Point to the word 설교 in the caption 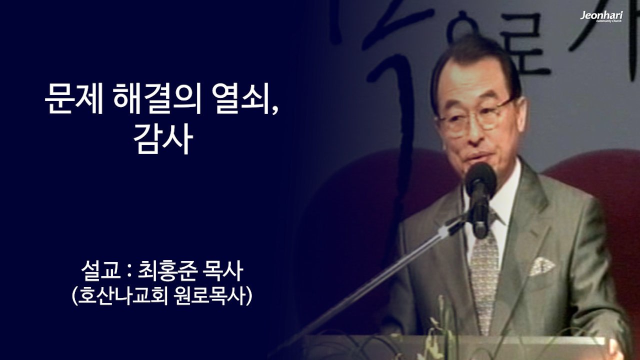pyautogui.click(x=97, y=273)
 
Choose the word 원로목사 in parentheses pyautogui.click(x=209, y=296)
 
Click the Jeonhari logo pyautogui.click(x=601, y=16)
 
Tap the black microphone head pyautogui.click(x=480, y=180)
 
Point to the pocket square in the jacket pyautogui.click(x=542, y=265)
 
